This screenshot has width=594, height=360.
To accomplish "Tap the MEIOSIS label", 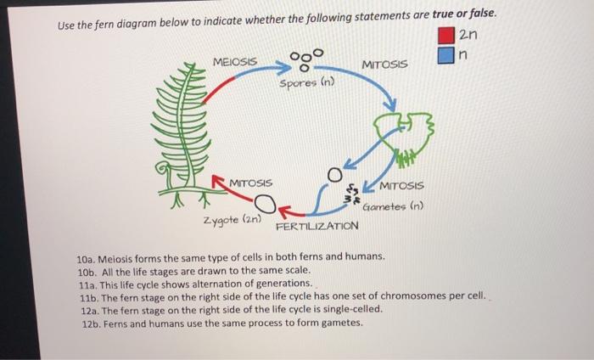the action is click(237, 62).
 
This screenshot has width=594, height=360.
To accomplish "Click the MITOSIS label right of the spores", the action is click(384, 65).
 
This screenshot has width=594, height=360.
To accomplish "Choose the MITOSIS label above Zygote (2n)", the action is click(250, 183).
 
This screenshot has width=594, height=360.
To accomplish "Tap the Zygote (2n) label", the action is click(229, 221).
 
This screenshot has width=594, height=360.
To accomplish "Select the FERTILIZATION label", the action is click(317, 227).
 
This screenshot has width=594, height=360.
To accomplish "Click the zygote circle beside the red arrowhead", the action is click(265, 203).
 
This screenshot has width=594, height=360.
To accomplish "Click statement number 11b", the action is click(87, 296).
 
